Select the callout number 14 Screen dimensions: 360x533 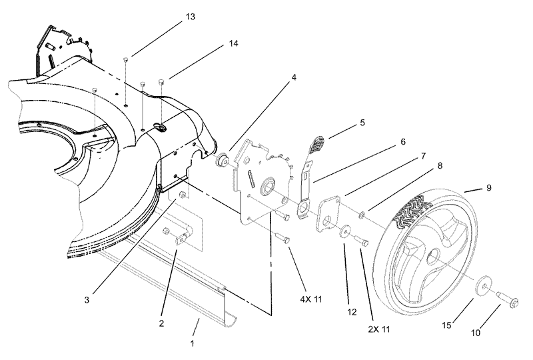click(x=233, y=43)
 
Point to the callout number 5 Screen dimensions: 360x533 click(x=362, y=123)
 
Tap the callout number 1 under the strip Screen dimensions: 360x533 click(x=193, y=343)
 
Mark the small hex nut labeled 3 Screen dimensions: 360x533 click(x=181, y=195)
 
